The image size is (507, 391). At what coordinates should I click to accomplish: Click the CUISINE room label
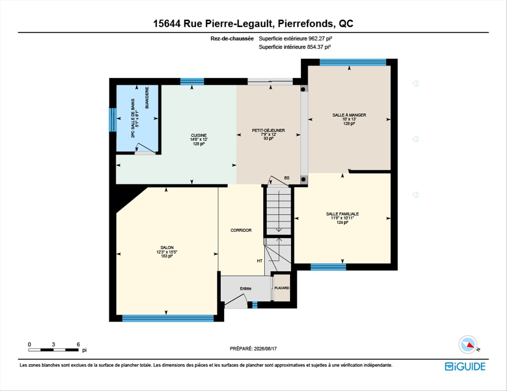tap(199, 135)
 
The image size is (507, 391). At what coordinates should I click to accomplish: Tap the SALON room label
tap(167, 247)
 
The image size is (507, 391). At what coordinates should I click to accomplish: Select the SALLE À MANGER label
tap(349, 115)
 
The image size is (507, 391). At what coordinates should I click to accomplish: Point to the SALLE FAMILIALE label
tap(342, 214)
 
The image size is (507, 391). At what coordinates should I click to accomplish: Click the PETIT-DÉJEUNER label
tap(268, 130)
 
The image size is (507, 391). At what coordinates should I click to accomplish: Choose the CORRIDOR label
tap(241, 230)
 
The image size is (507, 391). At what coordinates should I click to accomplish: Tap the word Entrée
tap(246, 288)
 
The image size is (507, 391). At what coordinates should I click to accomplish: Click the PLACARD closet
tap(282, 288)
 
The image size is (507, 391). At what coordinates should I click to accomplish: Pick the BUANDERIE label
tap(147, 98)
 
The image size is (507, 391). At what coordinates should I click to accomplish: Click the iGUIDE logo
tap(465, 366)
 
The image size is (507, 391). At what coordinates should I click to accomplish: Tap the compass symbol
tap(468, 345)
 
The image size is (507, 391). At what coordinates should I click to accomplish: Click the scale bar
tap(53, 350)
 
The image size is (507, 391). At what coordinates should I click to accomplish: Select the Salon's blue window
tap(168, 318)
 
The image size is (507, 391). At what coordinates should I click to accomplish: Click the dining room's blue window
tap(353, 62)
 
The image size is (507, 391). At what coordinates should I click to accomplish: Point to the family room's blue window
tap(328, 267)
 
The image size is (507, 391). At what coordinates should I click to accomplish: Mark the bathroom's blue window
tap(113, 119)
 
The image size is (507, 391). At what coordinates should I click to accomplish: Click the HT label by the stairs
tap(260, 261)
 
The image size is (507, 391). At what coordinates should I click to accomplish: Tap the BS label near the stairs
tap(287, 178)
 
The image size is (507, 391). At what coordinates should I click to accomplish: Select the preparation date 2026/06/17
tap(265, 349)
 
